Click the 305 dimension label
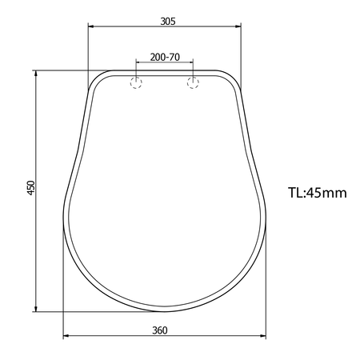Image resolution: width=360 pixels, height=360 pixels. click(168, 21)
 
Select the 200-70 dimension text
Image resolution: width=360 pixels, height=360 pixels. click(165, 57)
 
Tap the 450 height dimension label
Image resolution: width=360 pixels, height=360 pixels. click(31, 188)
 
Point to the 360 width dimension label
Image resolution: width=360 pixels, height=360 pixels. click(160, 330)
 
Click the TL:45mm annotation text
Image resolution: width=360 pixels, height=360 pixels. click(318, 193)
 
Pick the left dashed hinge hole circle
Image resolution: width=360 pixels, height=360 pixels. click(136, 82)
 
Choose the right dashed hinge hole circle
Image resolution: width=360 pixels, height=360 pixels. click(193, 82)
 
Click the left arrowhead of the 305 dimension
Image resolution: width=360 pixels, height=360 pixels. click(90, 26)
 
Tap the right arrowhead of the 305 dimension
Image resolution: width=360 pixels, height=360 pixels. click(238, 26)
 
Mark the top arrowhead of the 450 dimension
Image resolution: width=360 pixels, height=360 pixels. click(36, 74)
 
